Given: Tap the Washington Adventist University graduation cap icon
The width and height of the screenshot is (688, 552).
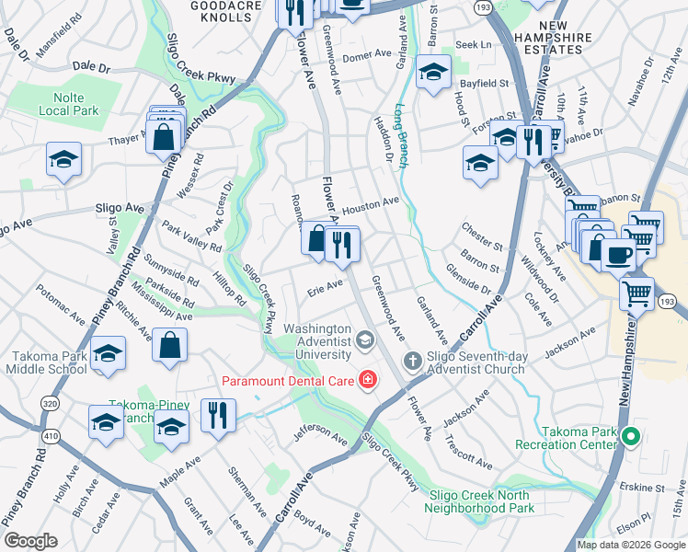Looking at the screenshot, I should (x=365, y=342).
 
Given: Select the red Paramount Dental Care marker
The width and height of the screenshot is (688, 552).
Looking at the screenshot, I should (x=368, y=379).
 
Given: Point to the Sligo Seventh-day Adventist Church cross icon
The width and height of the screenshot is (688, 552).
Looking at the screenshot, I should (x=412, y=360).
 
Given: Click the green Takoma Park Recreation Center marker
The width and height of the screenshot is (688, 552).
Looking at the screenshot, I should (x=630, y=436).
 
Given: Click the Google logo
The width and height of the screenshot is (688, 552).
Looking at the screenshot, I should (x=30, y=540).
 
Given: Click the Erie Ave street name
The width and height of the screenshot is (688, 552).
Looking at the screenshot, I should (x=324, y=288).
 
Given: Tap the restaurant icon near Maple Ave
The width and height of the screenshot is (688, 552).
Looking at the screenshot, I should (x=218, y=414).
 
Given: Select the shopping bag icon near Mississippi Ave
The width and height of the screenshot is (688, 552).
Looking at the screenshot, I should (x=170, y=347).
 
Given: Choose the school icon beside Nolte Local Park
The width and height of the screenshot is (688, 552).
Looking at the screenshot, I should (x=63, y=159).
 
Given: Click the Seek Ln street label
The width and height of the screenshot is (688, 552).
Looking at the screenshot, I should (x=474, y=44).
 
